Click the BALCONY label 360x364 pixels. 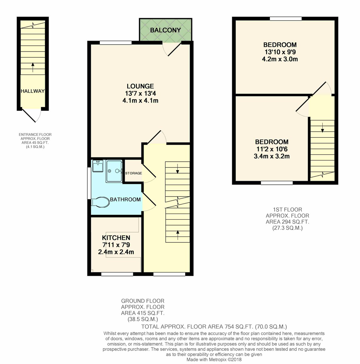pyautogui.click(x=165, y=30)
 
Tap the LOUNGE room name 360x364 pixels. pyautogui.click(x=140, y=86)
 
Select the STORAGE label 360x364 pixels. pyautogui.click(x=134, y=173)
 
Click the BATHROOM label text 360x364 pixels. pyautogui.click(x=125, y=199)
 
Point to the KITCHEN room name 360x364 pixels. pyautogui.click(x=116, y=238)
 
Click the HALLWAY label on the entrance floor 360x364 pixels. pyautogui.click(x=32, y=91)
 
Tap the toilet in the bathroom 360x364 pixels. pyautogui.click(x=100, y=202)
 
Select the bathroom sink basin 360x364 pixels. pyautogui.click(x=98, y=166)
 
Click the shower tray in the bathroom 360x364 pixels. pyautogui.click(x=114, y=171)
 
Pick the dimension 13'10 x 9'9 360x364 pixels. pyautogui.click(x=280, y=52)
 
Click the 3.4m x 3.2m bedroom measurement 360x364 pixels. pyautogui.click(x=272, y=157)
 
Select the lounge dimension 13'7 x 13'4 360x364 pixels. pyautogui.click(x=140, y=93)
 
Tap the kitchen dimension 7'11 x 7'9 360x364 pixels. pyautogui.click(x=116, y=245)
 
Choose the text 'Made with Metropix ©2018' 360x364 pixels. pyautogui.click(x=214, y=359)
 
